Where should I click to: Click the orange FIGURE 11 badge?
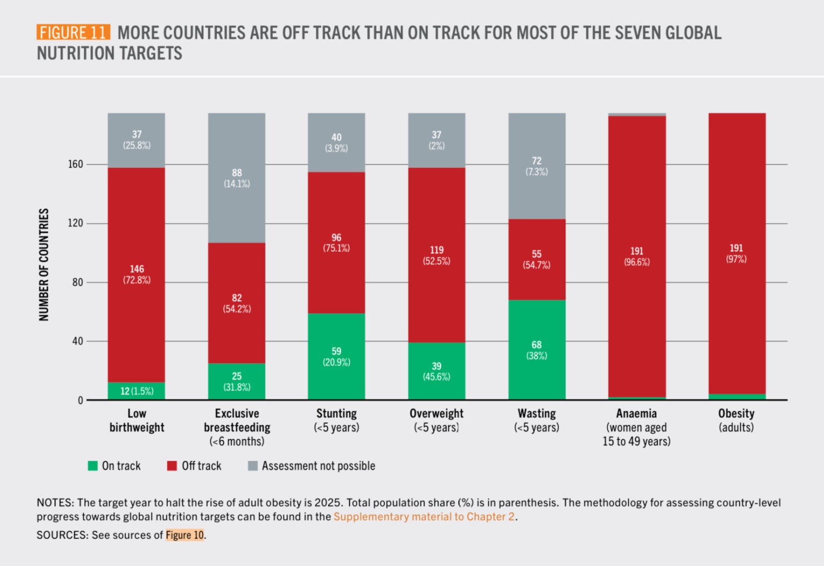(x=73, y=32)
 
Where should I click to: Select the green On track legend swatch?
(x=93, y=466)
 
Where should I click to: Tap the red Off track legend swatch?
(x=172, y=466)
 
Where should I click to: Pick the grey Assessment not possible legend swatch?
(x=253, y=466)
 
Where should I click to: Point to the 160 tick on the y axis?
(x=76, y=164)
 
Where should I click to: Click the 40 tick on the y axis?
(x=78, y=341)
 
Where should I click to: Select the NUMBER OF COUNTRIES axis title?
(x=44, y=265)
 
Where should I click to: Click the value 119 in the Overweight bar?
(x=437, y=250)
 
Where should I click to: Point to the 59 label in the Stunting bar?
(x=336, y=351)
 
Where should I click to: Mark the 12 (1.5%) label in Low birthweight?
(x=137, y=391)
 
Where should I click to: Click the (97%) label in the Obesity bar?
(x=736, y=259)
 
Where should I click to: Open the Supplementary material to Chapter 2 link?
(x=424, y=517)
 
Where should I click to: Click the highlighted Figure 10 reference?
(x=185, y=535)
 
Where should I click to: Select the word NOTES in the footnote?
(x=55, y=503)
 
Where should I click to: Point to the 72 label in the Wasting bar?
(x=536, y=161)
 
